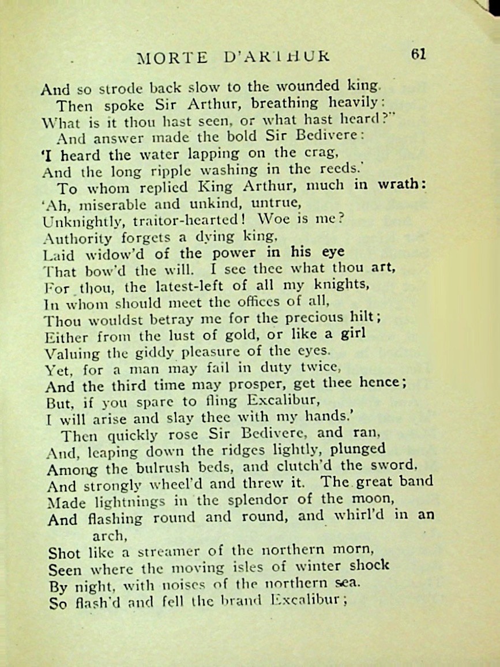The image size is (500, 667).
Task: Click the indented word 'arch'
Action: (x=109, y=535)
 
